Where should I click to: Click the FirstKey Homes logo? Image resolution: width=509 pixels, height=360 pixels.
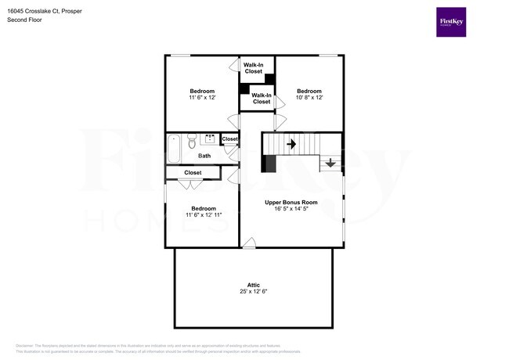pyautogui.click(x=452, y=22)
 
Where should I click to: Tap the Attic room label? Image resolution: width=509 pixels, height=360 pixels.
pyautogui.click(x=253, y=285)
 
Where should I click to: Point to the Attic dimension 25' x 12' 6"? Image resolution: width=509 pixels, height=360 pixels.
pyautogui.click(x=253, y=292)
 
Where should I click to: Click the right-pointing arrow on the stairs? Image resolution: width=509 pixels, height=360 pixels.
pyautogui.click(x=291, y=144)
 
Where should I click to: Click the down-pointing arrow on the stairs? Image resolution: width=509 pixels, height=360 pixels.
pyautogui.click(x=330, y=164)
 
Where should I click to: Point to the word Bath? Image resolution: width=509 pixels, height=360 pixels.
pyautogui.click(x=204, y=156)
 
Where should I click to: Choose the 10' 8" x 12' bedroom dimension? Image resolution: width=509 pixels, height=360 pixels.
pyautogui.click(x=309, y=98)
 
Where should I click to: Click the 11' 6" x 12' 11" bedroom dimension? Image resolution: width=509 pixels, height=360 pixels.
pyautogui.click(x=204, y=215)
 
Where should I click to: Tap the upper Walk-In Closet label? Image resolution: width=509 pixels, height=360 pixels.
pyautogui.click(x=253, y=68)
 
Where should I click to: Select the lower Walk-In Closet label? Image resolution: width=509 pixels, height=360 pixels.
pyautogui.click(x=261, y=99)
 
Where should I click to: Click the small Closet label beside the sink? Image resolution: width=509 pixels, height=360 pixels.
pyautogui.click(x=229, y=139)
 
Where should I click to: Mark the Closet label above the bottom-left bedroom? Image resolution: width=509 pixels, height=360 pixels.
pyautogui.click(x=193, y=173)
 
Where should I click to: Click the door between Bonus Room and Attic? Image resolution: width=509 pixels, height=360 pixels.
pyautogui.click(x=249, y=246)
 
